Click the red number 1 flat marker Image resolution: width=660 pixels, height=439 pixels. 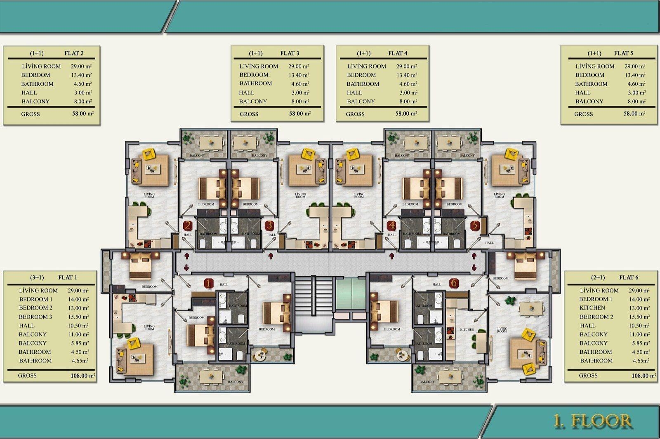pos(209,283)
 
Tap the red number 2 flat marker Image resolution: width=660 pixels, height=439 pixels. pos(188,225)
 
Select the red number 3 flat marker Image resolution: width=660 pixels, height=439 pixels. pos(269,225)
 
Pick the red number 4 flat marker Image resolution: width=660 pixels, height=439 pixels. pos(392,225)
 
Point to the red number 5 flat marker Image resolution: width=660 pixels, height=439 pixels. pos(475,225)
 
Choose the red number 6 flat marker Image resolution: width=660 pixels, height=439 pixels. pos(454,283)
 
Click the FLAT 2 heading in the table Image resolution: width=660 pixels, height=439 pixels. pos(74,53)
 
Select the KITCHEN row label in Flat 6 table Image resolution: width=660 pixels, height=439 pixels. pos(592,308)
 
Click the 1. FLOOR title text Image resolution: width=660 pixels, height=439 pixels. pos(592,421)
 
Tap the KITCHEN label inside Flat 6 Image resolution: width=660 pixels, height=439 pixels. pos(467,330)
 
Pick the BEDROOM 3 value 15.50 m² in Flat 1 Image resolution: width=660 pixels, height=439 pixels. pos(78,317)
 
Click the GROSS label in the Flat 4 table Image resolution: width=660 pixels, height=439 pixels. pos(355,114)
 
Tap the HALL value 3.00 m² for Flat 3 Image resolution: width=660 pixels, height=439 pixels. pos(300,93)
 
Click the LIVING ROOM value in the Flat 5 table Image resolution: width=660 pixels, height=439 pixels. pos(634,66)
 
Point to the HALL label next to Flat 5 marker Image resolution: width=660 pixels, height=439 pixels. pos(489,243)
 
